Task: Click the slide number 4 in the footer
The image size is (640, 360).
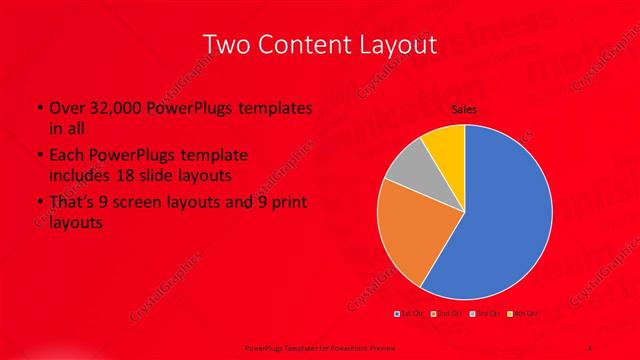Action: point(590,347)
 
